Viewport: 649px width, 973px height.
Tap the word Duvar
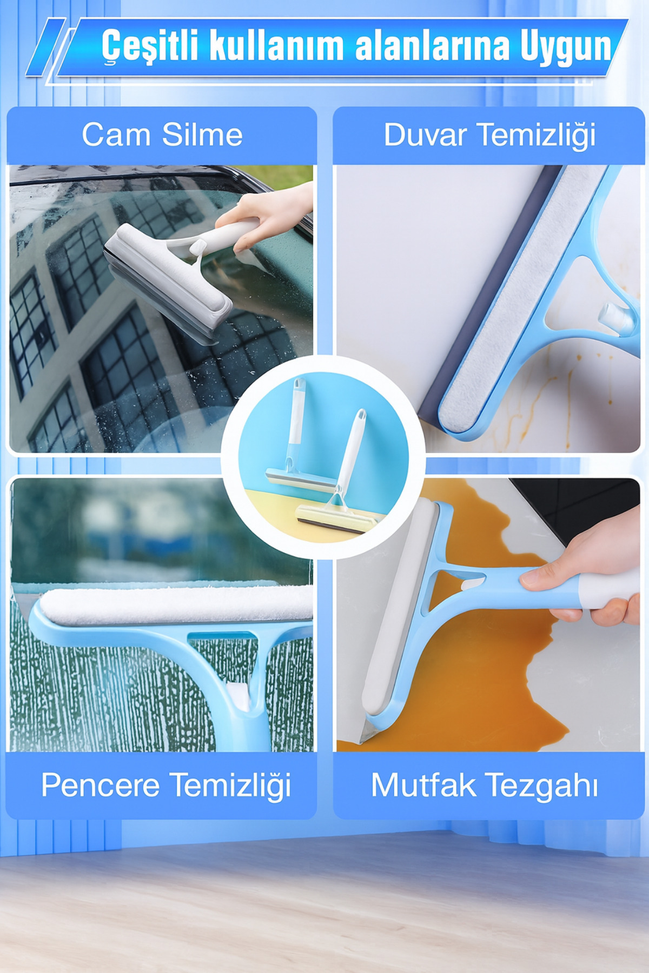(425, 135)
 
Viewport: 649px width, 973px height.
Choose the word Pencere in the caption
(100, 785)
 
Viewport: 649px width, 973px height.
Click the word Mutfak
(422, 785)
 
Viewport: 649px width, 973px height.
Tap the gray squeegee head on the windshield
(167, 281)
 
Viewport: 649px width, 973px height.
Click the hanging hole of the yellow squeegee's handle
(361, 416)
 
